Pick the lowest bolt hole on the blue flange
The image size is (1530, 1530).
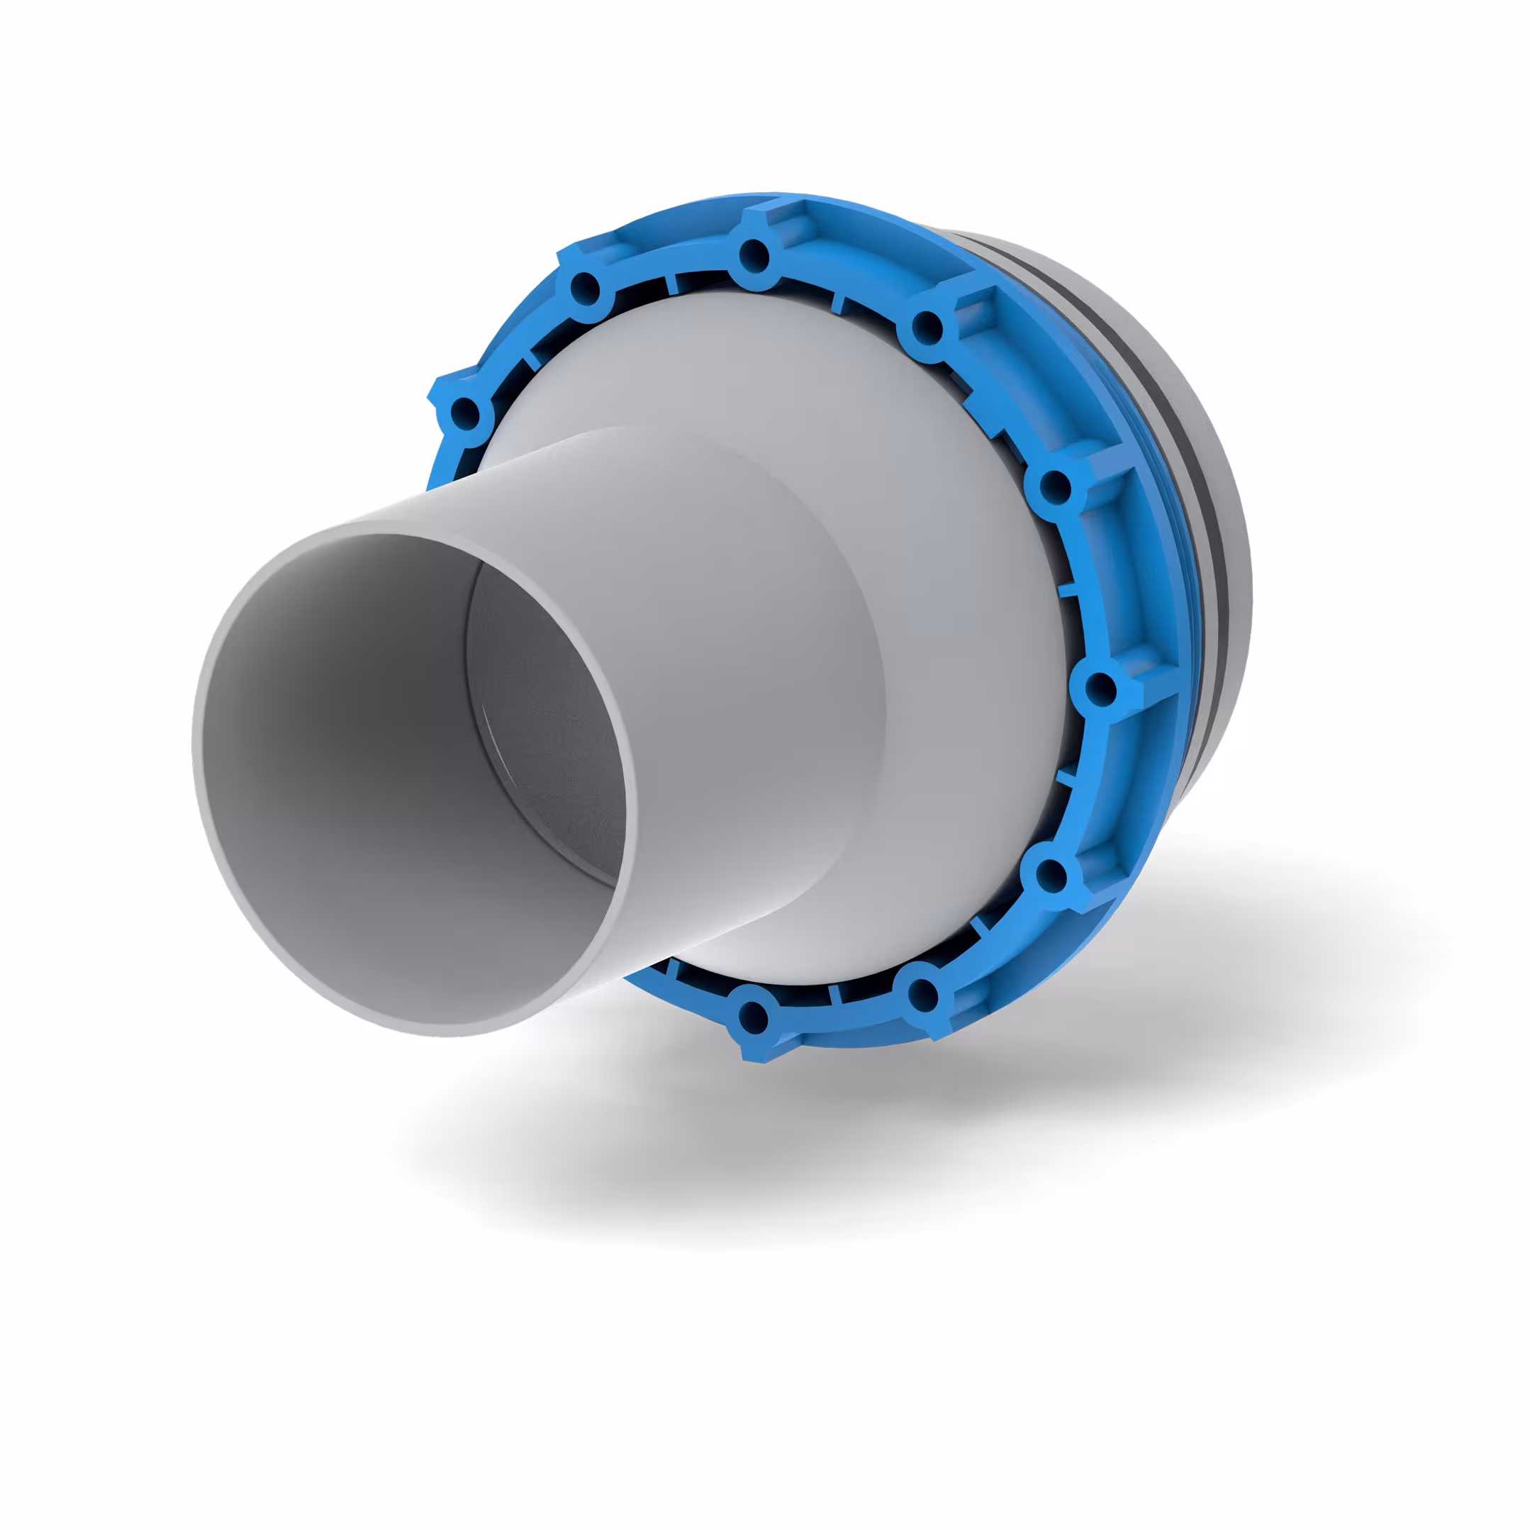pyautogui.click(x=752, y=1015)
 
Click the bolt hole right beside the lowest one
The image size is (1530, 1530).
pyautogui.click(x=922, y=994)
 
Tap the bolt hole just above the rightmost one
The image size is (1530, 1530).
pyautogui.click(x=1055, y=486)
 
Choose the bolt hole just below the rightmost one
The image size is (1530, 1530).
pyautogui.click(x=1051, y=874)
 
